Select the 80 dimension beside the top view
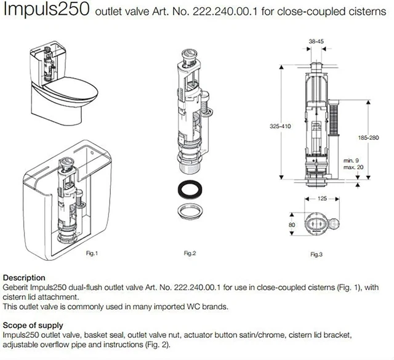point(292,225)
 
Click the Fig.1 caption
point(90,252)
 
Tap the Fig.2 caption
point(190,253)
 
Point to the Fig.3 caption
point(316,254)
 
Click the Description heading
point(24,278)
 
